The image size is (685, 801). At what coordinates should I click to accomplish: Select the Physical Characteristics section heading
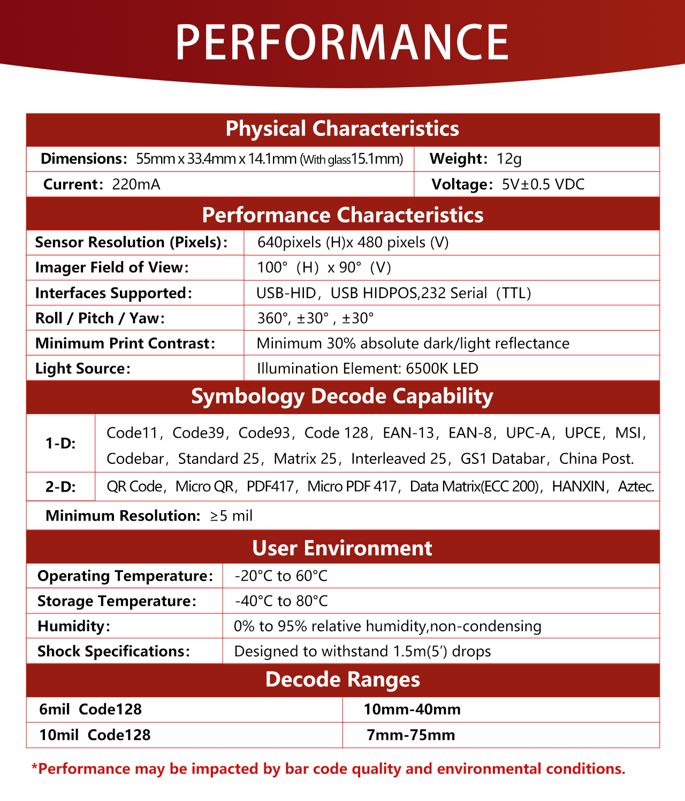point(342,129)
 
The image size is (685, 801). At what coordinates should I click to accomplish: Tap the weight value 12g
point(509,159)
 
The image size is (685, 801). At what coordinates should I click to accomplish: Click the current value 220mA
point(136,185)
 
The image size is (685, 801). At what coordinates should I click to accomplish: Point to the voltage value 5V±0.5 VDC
point(543,185)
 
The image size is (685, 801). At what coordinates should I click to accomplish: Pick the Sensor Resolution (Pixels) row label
point(131,242)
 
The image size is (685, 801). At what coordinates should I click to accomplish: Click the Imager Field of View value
point(324,268)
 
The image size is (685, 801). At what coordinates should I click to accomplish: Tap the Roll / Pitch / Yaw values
point(315,318)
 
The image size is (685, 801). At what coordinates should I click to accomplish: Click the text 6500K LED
point(442,369)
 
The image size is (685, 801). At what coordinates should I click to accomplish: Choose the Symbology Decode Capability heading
point(342,396)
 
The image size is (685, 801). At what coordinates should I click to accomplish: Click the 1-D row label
point(60,444)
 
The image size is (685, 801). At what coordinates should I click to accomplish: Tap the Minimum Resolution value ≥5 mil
point(231,516)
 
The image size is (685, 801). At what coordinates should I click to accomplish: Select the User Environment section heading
point(342,548)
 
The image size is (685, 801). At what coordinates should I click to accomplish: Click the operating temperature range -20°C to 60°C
point(281,576)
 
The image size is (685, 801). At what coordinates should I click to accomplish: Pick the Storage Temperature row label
point(117,601)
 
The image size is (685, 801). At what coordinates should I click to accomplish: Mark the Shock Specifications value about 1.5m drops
point(362,652)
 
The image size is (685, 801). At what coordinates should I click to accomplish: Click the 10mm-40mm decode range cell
point(412,710)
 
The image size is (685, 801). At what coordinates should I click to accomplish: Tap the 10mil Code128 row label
point(95,735)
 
